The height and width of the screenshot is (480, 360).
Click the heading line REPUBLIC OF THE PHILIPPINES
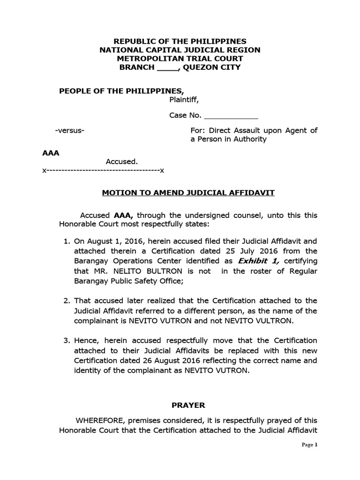tap(180, 42)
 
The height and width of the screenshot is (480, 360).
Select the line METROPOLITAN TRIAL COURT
tap(180, 59)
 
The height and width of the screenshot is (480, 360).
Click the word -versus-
tap(70, 130)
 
